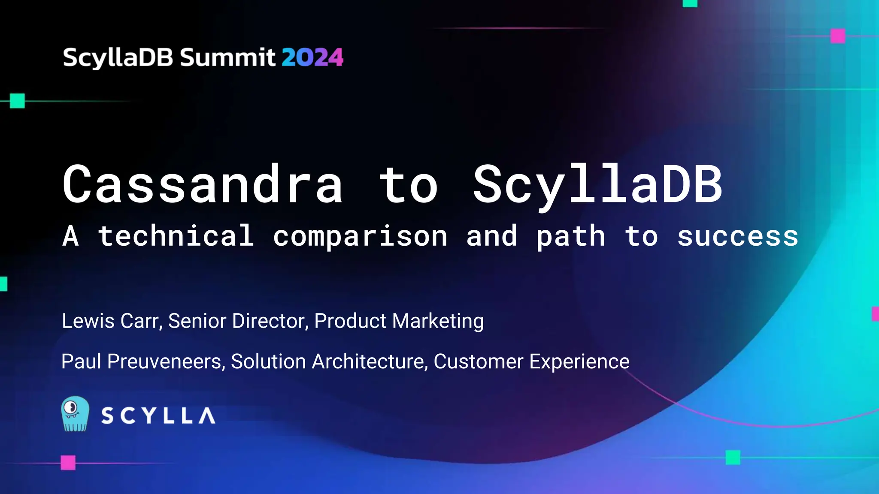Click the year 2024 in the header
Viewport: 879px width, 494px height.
coord(312,57)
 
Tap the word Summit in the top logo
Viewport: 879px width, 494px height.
coord(227,57)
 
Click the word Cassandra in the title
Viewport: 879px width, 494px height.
coord(203,184)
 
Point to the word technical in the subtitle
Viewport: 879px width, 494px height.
coord(176,236)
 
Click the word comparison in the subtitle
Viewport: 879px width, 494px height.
coord(361,237)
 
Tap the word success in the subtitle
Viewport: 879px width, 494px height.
coord(737,237)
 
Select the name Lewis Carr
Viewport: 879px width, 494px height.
coord(112,321)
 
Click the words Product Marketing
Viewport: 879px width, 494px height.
coord(399,321)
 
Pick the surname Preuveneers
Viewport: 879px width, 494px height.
coord(166,361)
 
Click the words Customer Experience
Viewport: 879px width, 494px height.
coord(531,361)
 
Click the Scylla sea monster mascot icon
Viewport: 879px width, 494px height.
coord(75,414)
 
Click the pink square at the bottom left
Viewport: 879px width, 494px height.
coord(68,463)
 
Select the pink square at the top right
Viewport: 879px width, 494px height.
coord(838,36)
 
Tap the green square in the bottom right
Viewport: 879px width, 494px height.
coord(733,458)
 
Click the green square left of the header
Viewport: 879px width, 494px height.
coord(17,101)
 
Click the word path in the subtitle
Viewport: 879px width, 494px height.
coord(571,237)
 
